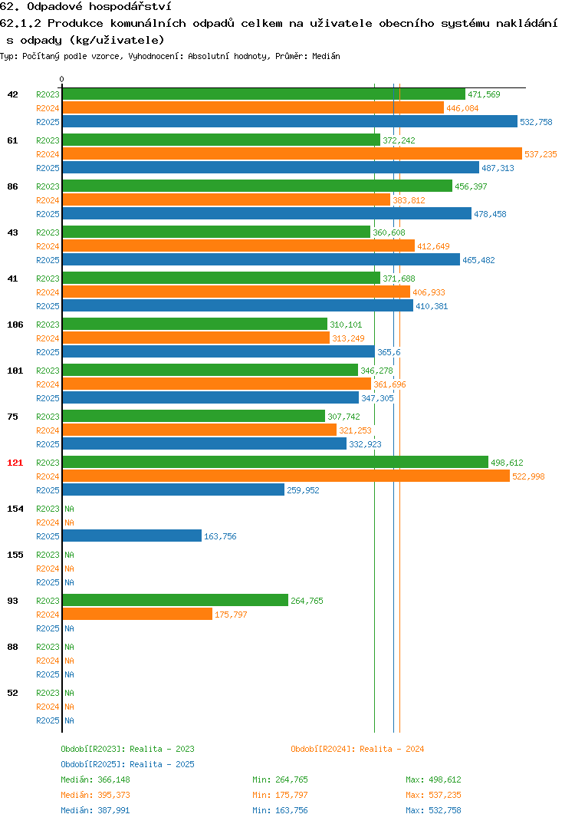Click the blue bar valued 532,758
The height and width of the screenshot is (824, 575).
[x=290, y=121]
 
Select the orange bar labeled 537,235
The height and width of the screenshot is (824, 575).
[x=292, y=153]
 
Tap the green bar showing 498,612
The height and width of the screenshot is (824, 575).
[x=275, y=462]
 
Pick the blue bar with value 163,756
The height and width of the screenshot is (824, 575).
[x=132, y=536]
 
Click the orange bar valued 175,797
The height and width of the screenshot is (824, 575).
[x=137, y=614]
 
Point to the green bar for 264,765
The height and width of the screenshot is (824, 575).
[x=176, y=600]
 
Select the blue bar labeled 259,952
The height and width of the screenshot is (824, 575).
[x=173, y=489]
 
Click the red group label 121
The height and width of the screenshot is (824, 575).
[x=15, y=463]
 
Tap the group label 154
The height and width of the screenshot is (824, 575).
[x=15, y=509]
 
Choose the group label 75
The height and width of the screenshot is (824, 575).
[x=12, y=417]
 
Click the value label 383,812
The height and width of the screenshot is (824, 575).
[x=409, y=200]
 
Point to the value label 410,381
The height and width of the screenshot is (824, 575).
[x=432, y=306]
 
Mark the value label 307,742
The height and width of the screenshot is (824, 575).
[x=344, y=417]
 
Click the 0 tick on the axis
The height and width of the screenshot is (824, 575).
[x=62, y=79]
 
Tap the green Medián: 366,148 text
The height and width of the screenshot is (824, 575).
[x=95, y=780]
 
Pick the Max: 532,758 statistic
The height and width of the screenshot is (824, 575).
[x=433, y=810]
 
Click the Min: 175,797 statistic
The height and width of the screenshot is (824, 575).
[x=280, y=795]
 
